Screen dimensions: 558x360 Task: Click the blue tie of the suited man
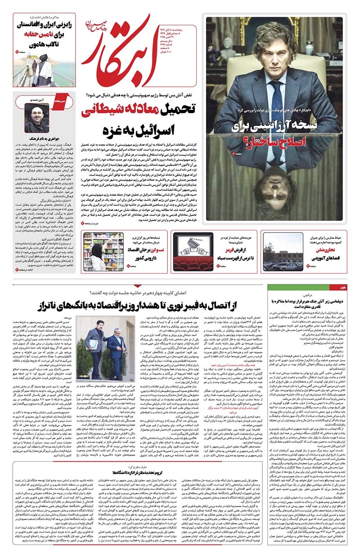273,94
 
